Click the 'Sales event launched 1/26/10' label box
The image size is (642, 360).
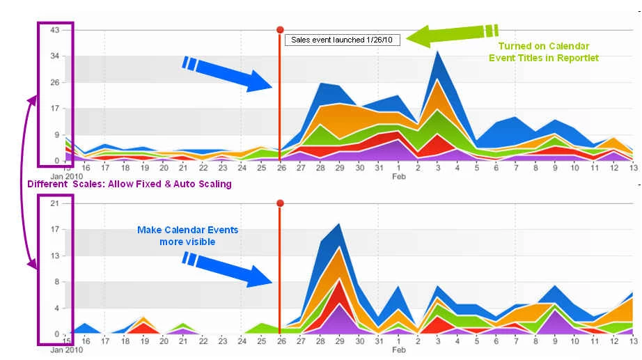click(343, 40)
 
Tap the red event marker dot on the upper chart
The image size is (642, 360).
click(280, 29)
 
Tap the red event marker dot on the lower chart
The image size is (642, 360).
click(280, 203)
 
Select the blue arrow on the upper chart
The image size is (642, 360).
click(227, 74)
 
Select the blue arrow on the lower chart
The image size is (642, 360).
click(227, 269)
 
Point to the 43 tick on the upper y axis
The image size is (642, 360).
click(55, 30)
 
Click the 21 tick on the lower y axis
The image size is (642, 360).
click(55, 203)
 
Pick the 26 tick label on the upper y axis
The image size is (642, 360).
click(55, 82)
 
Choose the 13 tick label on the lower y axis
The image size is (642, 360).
click(55, 256)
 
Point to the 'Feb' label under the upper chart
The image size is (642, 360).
click(399, 177)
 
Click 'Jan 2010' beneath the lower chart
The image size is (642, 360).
click(67, 350)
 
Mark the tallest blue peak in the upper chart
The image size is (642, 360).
click(438, 52)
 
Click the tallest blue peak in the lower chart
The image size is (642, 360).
click(339, 224)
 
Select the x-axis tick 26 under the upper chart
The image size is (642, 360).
click(282, 168)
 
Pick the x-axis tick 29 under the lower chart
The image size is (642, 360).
click(339, 341)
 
